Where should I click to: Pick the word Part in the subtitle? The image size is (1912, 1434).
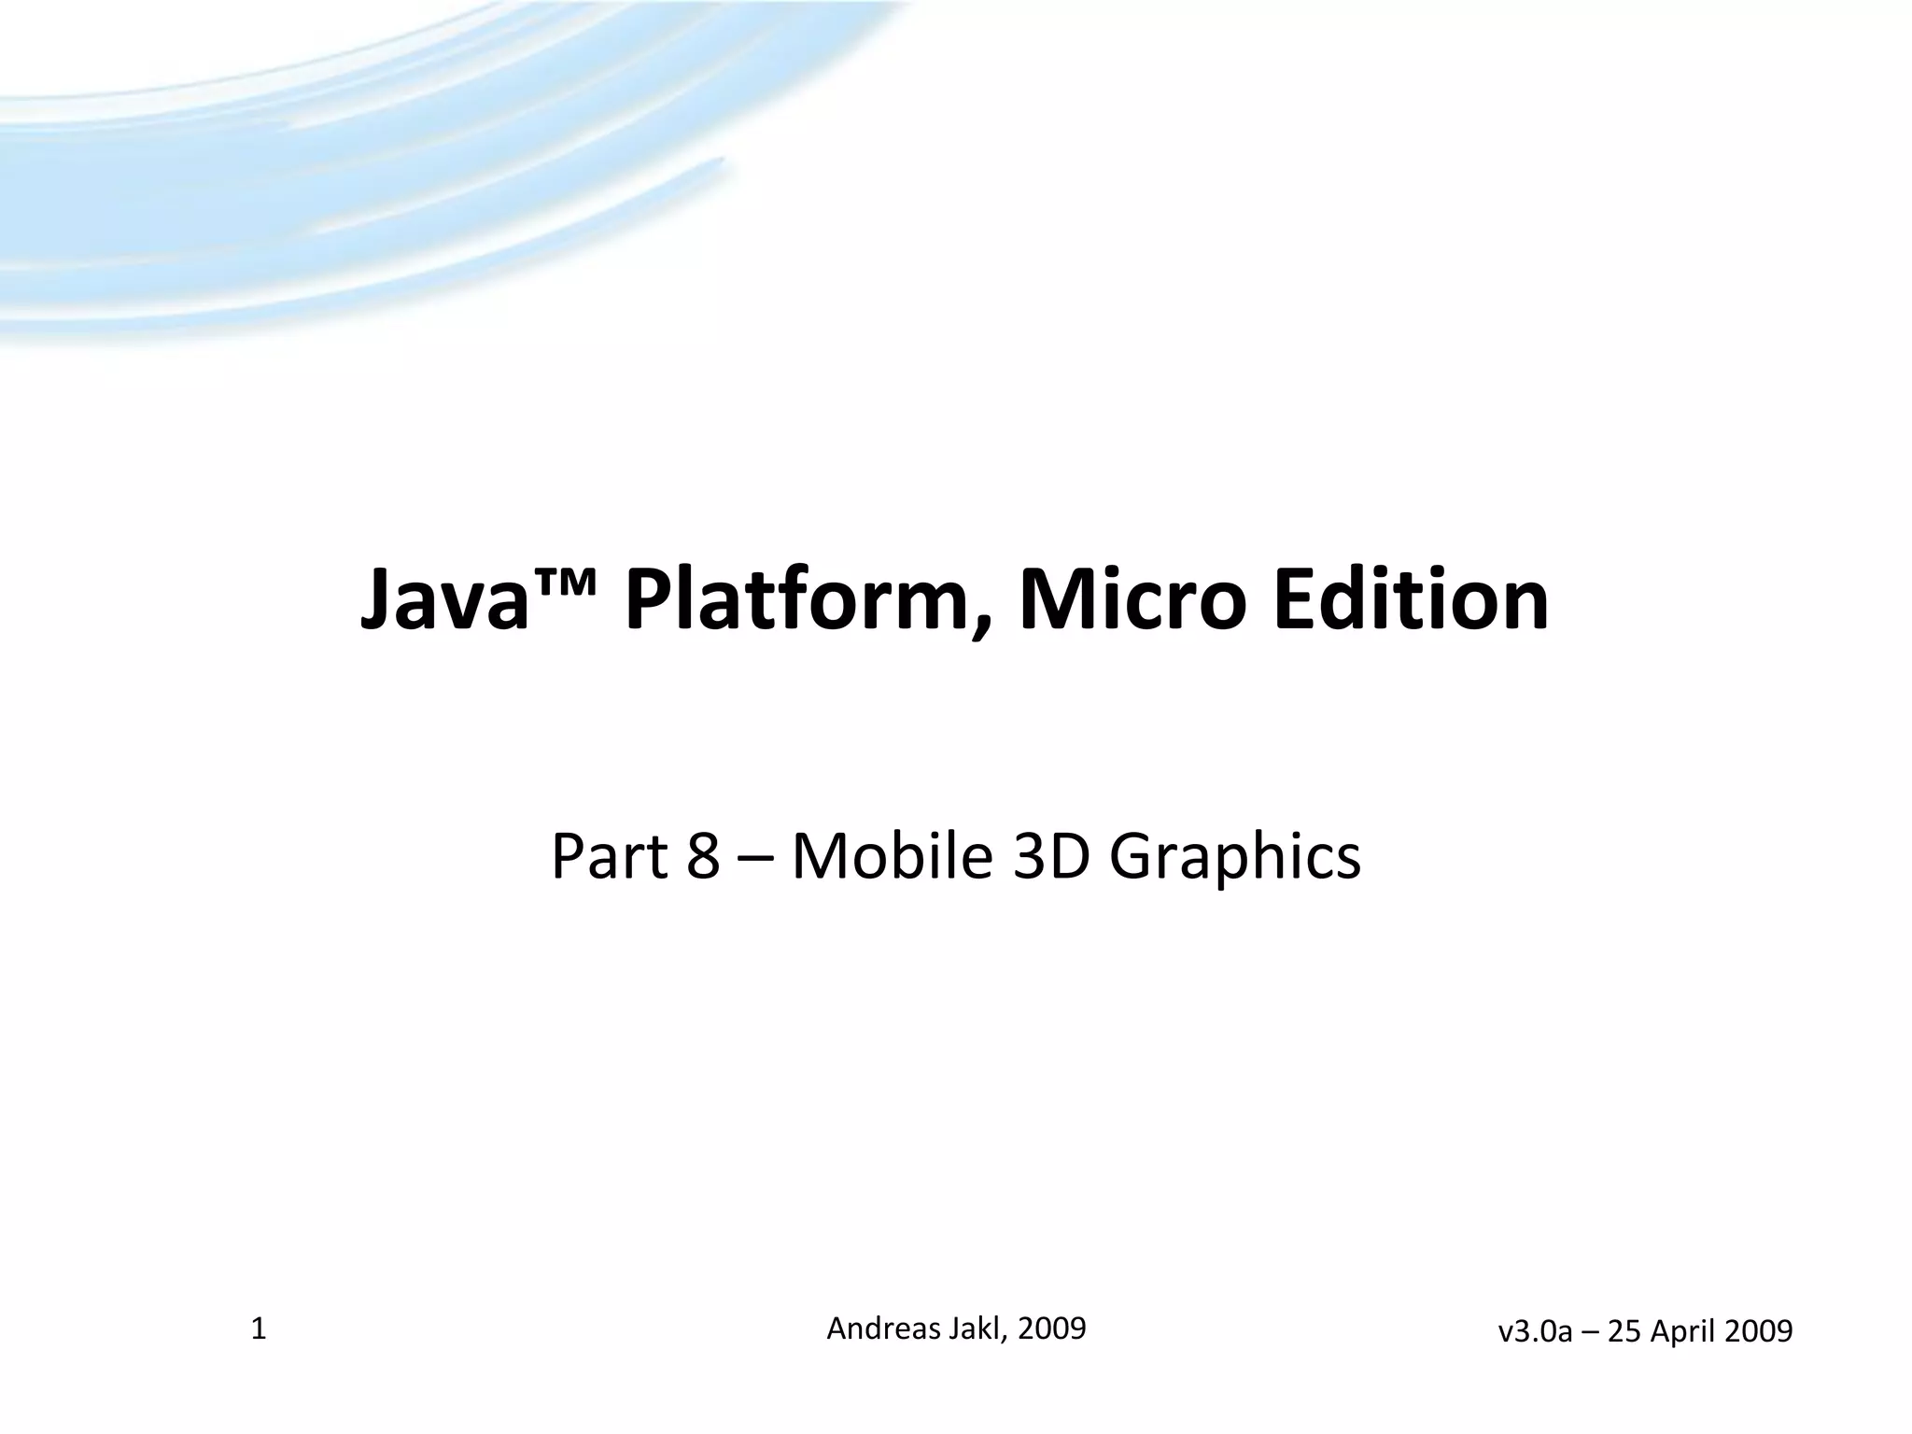pos(608,856)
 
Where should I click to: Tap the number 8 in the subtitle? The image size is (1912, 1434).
pos(703,856)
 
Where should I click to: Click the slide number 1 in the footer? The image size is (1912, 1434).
pos(259,1329)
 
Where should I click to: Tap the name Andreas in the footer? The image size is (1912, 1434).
pos(883,1328)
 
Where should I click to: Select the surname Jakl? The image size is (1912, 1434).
pos(978,1328)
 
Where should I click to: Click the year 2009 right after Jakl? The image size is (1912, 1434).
pos(1051,1328)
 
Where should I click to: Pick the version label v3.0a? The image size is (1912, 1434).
pos(1535,1331)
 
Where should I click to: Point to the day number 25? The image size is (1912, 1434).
pos(1624,1331)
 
